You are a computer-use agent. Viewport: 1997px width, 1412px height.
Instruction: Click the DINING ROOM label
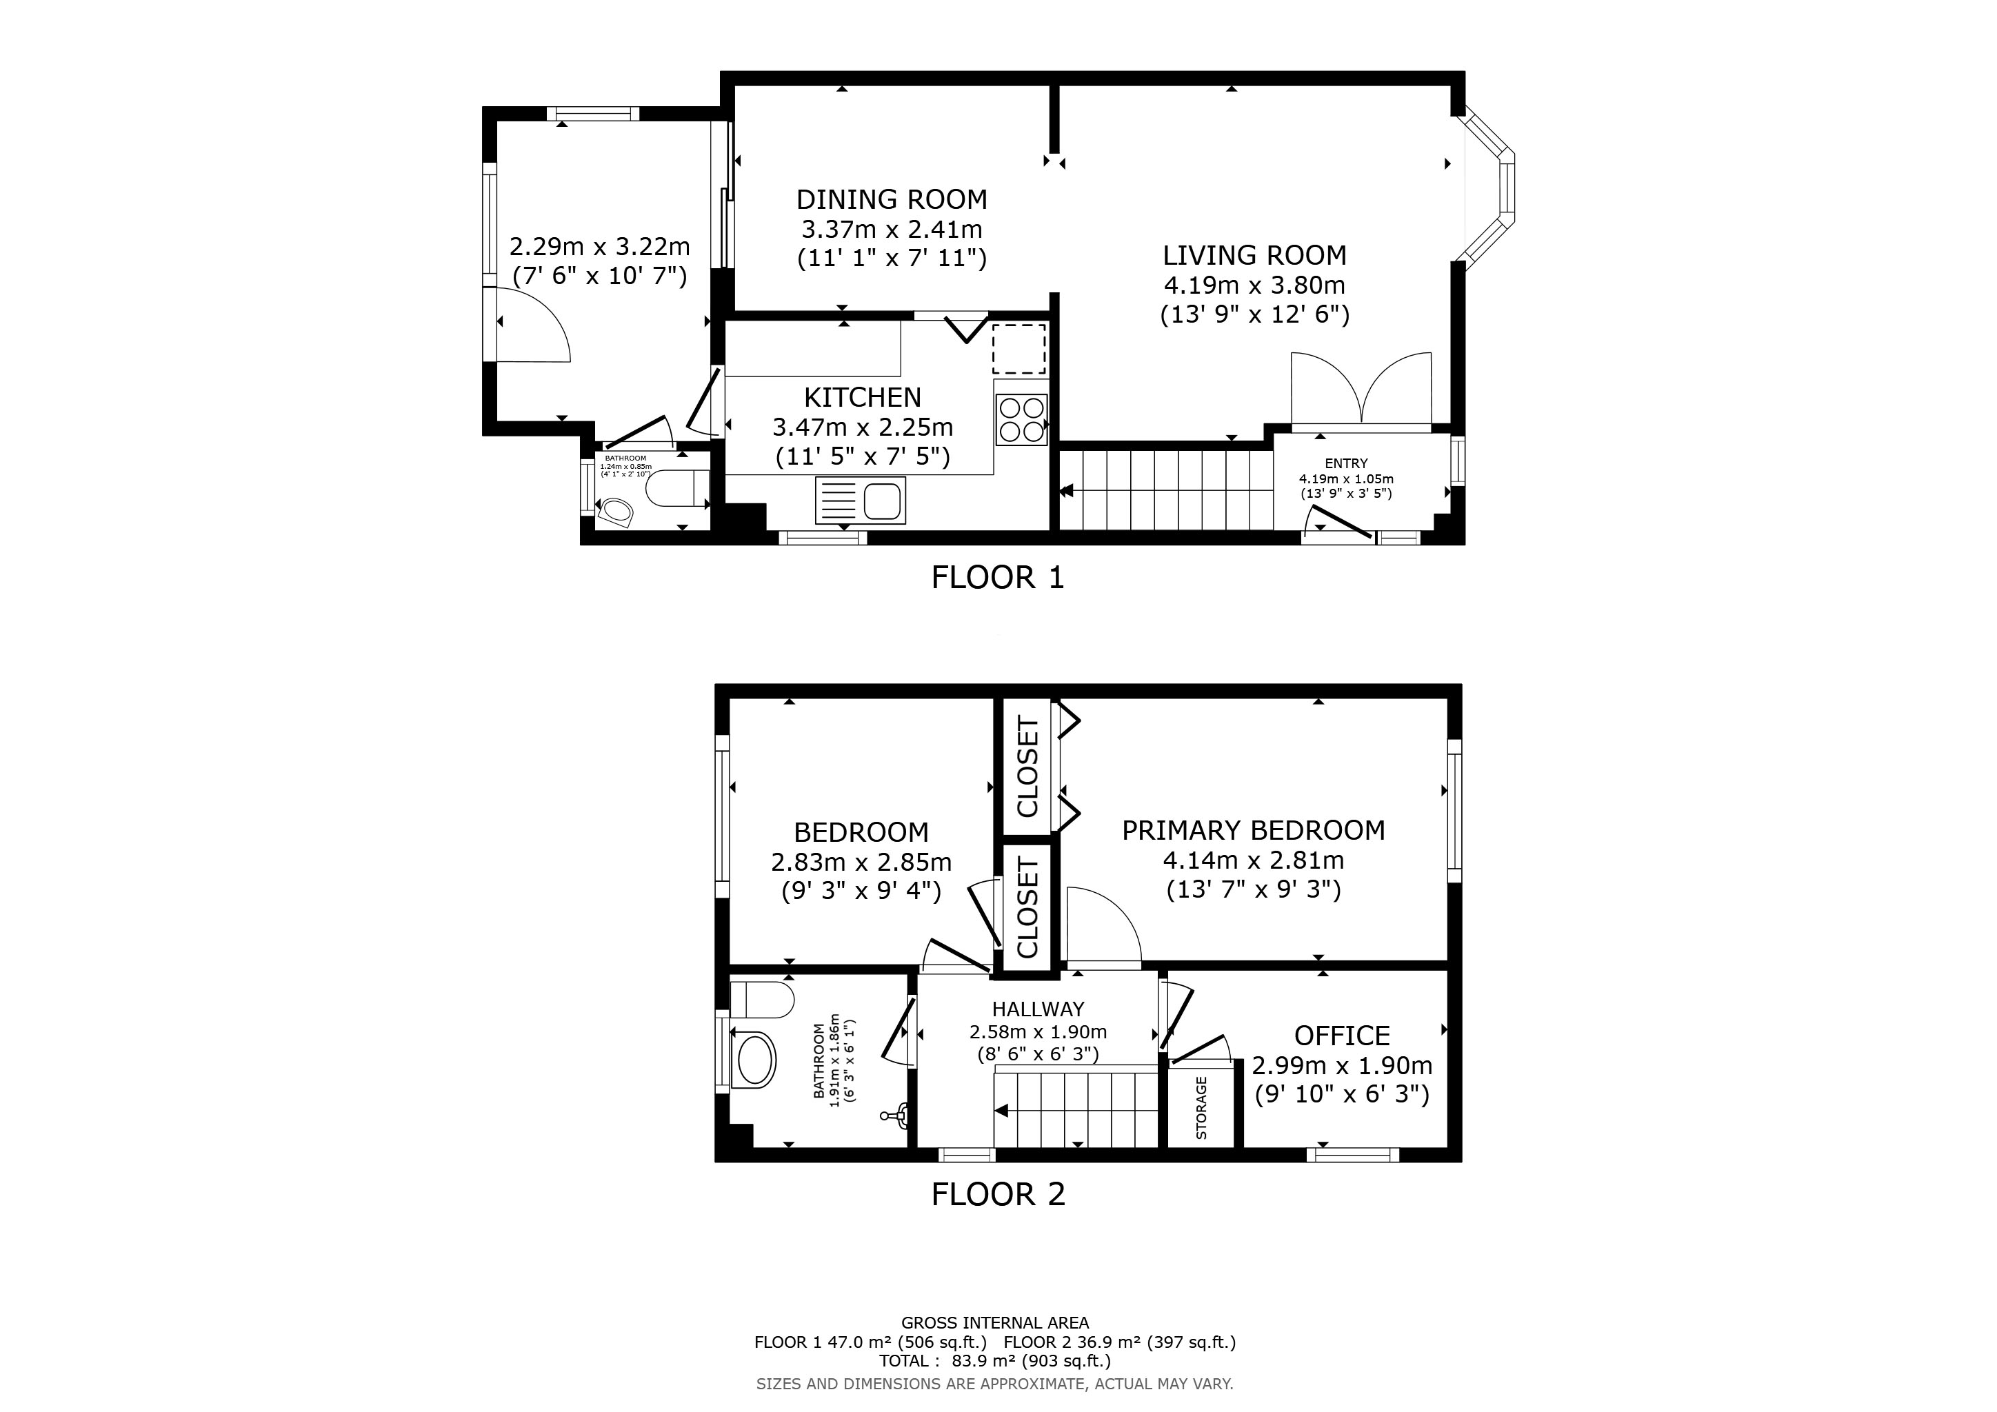892,200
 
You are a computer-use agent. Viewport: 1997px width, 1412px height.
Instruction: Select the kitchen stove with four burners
1021,419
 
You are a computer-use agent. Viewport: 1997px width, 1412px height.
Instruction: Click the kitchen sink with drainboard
860,500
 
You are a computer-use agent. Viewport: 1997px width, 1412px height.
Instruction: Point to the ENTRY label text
1345,463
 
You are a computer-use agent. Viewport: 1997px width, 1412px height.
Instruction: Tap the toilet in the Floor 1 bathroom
679,489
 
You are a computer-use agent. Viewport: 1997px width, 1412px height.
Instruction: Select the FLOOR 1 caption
998,577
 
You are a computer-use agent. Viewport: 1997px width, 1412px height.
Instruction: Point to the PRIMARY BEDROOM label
1254,830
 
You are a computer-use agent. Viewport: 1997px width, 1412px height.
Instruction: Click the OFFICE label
1342,1036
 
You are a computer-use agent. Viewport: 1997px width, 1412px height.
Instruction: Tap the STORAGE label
1201,1108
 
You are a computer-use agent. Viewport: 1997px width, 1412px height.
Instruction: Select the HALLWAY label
1038,1009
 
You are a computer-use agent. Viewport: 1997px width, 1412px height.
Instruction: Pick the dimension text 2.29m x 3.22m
599,247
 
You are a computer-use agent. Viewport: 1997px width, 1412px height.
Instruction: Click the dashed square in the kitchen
1019,350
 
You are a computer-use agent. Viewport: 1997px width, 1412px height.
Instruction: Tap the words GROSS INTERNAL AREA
995,1323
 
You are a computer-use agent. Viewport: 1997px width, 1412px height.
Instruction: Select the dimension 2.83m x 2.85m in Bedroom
861,863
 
